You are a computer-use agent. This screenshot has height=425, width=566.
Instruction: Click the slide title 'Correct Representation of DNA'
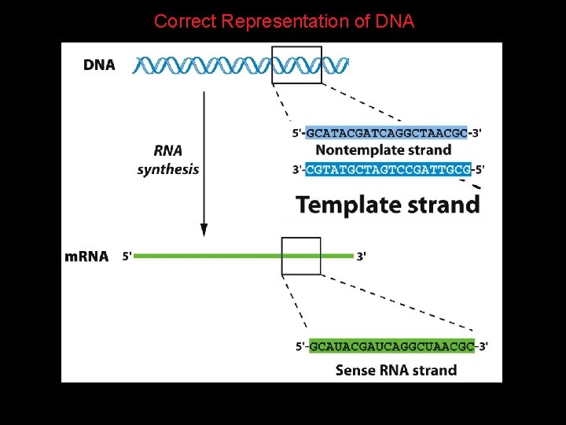tap(284, 21)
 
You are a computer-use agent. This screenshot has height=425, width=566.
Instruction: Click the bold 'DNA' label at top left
tap(99, 65)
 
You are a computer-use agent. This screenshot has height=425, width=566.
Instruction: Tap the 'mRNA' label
tap(86, 257)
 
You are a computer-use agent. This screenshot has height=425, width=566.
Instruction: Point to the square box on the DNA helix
tap(296, 65)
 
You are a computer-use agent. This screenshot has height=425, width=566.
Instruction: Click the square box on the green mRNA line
tap(301, 256)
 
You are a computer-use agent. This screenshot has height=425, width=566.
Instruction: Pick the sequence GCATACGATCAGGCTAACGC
tap(386, 133)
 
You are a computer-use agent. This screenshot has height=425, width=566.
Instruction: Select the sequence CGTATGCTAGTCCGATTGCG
tap(388, 169)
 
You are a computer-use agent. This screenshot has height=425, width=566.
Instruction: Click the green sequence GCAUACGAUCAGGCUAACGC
tap(391, 346)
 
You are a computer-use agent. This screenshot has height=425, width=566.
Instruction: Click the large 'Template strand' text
tap(388, 205)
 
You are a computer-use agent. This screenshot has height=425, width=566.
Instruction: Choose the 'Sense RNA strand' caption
tap(395, 370)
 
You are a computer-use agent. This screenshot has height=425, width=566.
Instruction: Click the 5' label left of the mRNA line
tap(127, 257)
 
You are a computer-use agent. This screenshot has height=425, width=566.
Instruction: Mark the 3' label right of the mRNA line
tap(361, 257)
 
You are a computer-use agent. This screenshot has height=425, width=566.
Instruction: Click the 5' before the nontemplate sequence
tap(298, 133)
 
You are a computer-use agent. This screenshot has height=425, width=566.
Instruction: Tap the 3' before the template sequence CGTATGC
tap(298, 169)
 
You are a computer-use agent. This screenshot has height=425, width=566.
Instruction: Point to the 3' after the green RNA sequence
tap(483, 346)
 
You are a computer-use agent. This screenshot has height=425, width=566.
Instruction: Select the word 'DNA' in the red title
tap(395, 21)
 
